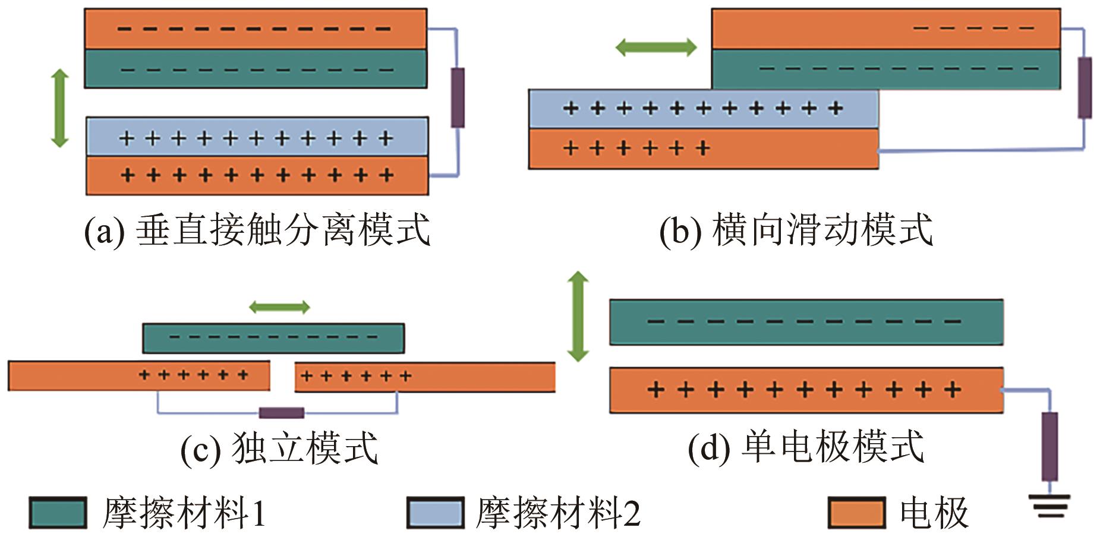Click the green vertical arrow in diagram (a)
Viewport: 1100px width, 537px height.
click(59, 108)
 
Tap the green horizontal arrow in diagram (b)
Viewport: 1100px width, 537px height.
click(655, 47)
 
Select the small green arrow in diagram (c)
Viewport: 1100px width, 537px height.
click(279, 307)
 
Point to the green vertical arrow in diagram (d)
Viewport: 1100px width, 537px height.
click(578, 317)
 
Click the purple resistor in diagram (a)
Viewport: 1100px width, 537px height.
click(457, 97)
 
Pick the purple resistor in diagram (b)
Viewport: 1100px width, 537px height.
click(1085, 87)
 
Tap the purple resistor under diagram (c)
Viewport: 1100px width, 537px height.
click(281, 413)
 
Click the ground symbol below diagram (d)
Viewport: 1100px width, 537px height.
click(1051, 505)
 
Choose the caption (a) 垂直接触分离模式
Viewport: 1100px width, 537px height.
click(257, 230)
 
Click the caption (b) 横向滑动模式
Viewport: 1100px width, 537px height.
click(796, 230)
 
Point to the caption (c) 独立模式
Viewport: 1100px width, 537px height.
click(279, 448)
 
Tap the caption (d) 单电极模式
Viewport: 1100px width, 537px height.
click(805, 447)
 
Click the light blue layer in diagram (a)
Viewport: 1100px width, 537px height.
click(257, 137)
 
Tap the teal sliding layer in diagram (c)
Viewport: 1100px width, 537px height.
click(273, 338)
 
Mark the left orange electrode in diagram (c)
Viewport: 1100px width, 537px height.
click(138, 375)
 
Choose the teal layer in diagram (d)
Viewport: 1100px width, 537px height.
click(806, 322)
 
